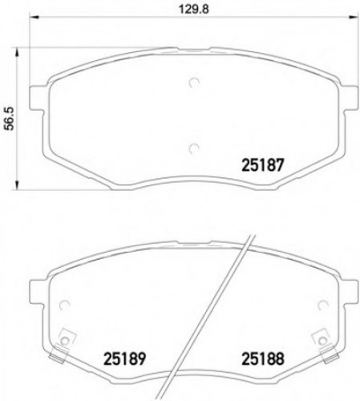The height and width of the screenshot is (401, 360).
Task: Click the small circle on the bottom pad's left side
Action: point(67,304)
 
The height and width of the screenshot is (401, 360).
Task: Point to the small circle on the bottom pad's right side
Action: point(322,304)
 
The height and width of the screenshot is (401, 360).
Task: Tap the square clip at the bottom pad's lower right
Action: point(322,338)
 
